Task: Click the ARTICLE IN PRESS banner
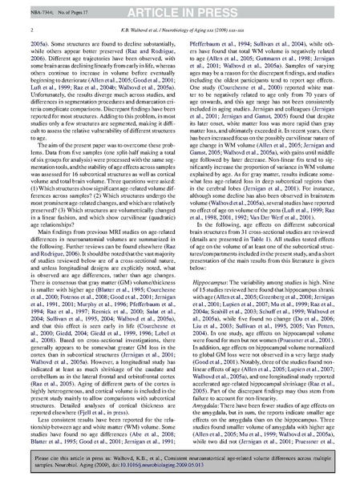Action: [180, 8]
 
